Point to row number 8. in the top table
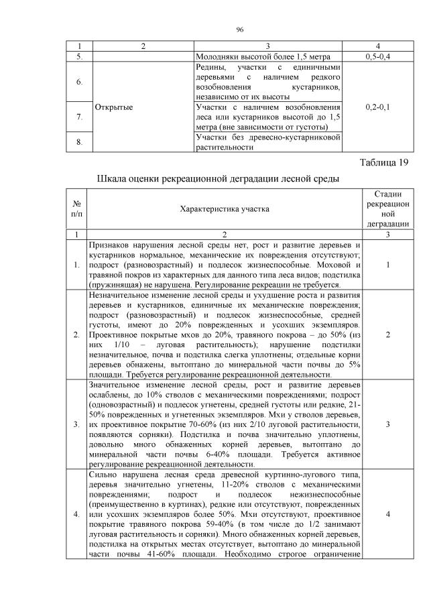tap(78, 141)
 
